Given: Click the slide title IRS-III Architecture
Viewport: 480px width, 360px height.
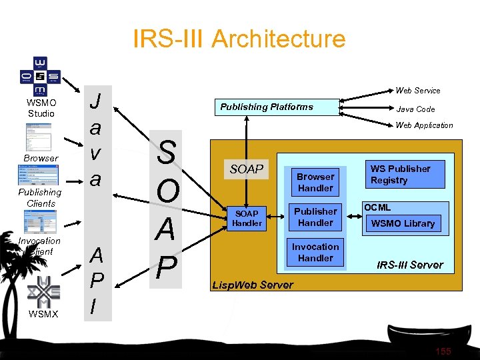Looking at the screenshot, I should click(239, 39).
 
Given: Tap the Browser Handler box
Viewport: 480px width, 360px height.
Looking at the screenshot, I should click(315, 182).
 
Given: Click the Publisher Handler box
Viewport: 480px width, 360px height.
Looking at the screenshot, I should click(315, 217).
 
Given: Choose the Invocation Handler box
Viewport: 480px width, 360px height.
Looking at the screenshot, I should click(315, 252).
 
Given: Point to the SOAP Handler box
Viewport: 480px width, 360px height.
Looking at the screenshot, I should click(247, 217).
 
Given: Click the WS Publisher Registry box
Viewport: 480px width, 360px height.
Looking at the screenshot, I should click(400, 175).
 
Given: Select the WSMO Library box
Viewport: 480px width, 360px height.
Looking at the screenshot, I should click(403, 223).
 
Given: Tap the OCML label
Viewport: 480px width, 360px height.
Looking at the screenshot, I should click(377, 208).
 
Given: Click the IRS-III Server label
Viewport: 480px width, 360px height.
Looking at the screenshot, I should click(409, 265).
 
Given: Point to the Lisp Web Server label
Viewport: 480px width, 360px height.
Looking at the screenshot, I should click(252, 285).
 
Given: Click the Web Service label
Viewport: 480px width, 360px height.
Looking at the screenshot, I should click(417, 90).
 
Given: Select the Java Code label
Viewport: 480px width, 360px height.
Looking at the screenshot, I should click(415, 109).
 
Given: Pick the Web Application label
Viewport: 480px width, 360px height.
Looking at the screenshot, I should click(424, 125).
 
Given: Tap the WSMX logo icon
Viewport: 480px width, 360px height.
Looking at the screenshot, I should click(41, 291).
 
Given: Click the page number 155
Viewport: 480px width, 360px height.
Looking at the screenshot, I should click(443, 351).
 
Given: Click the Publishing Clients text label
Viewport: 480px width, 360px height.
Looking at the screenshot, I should click(41, 198).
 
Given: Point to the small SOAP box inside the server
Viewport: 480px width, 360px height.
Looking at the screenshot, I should click(247, 169).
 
